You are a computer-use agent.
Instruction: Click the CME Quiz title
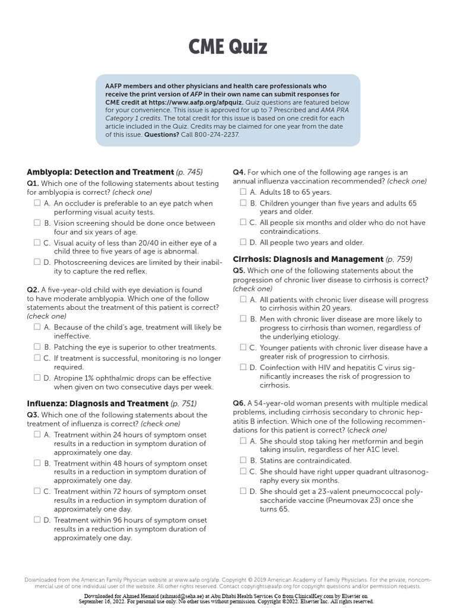coord(228,46)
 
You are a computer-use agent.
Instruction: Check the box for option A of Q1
coord(37,203)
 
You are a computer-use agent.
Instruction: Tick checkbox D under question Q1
coord(37,261)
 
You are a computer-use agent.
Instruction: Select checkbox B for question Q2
coord(37,347)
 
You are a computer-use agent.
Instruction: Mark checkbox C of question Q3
coord(37,492)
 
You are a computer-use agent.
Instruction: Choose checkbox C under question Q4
coord(243,223)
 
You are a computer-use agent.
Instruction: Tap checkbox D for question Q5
coord(243,368)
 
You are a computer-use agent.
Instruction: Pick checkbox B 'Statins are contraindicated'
coord(243,460)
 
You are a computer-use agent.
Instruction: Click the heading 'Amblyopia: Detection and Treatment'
coord(100,172)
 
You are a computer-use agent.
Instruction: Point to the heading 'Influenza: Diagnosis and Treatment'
coord(97,404)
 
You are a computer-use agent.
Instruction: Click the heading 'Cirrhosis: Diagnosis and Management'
coord(308,259)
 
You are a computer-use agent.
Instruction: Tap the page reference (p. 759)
coord(399,259)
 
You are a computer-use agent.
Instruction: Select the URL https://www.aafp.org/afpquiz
coord(196,102)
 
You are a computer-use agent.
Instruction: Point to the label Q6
coord(239,403)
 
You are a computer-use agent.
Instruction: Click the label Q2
coord(33,290)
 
